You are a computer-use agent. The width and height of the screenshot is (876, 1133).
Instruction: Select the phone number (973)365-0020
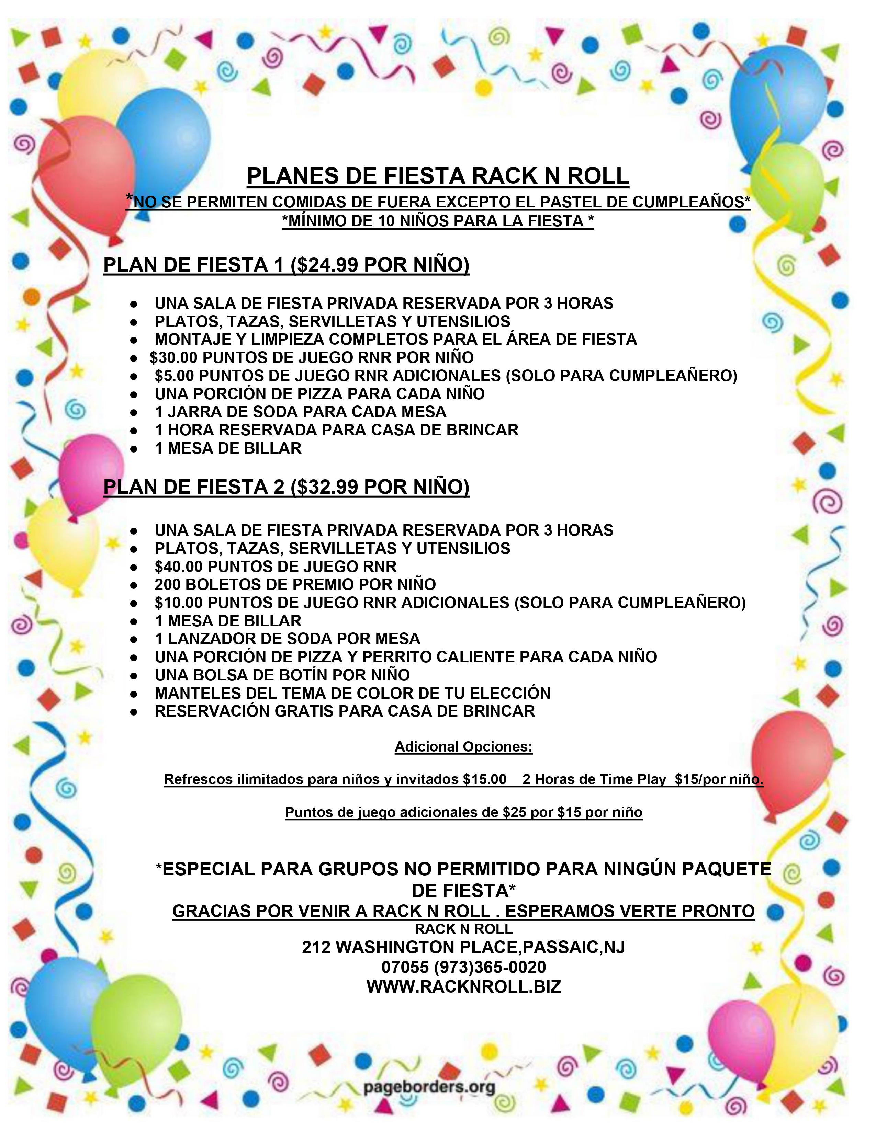[x=490, y=967]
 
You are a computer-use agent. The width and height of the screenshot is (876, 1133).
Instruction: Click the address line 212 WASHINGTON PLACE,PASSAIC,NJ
[x=463, y=947]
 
